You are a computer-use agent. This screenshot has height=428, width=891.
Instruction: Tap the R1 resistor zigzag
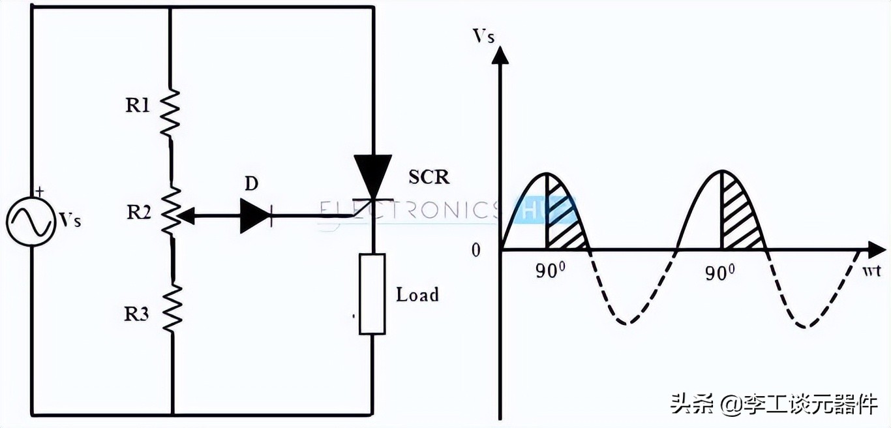pyautogui.click(x=170, y=112)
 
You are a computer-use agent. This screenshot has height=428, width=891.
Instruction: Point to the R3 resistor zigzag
pyautogui.click(x=172, y=308)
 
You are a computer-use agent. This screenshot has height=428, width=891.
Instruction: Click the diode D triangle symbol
pyautogui.click(x=254, y=215)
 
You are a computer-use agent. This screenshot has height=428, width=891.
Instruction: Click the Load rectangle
pyautogui.click(x=372, y=294)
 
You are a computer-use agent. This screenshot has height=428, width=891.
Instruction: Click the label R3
pyautogui.click(x=137, y=314)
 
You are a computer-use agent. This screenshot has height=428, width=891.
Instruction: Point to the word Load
pyautogui.click(x=417, y=295)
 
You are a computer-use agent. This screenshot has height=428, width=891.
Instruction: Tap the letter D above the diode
pyautogui.click(x=251, y=185)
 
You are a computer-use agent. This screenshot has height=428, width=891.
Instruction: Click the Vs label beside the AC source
pyautogui.click(x=70, y=220)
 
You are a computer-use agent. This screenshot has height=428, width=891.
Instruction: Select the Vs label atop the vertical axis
pyautogui.click(x=483, y=36)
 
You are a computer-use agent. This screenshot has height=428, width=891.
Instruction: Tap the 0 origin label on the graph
pyautogui.click(x=476, y=251)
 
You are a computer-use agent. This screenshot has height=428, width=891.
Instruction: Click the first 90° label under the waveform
pyautogui.click(x=549, y=272)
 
